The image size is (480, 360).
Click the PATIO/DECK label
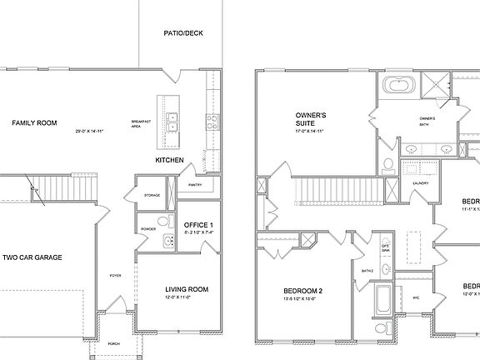click(183, 33)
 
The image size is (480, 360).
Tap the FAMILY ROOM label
click(34, 123)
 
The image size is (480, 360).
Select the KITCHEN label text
click(169, 160)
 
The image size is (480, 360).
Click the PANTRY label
click(197, 185)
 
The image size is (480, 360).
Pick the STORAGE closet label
click(152, 195)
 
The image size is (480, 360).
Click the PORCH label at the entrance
click(112, 343)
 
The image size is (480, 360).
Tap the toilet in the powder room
click(163, 222)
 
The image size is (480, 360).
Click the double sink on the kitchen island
click(172, 127)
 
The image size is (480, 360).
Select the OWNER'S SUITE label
click(311, 119)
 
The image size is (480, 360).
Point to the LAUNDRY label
click(420, 183)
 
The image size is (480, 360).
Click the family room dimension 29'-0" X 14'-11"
click(92, 132)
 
